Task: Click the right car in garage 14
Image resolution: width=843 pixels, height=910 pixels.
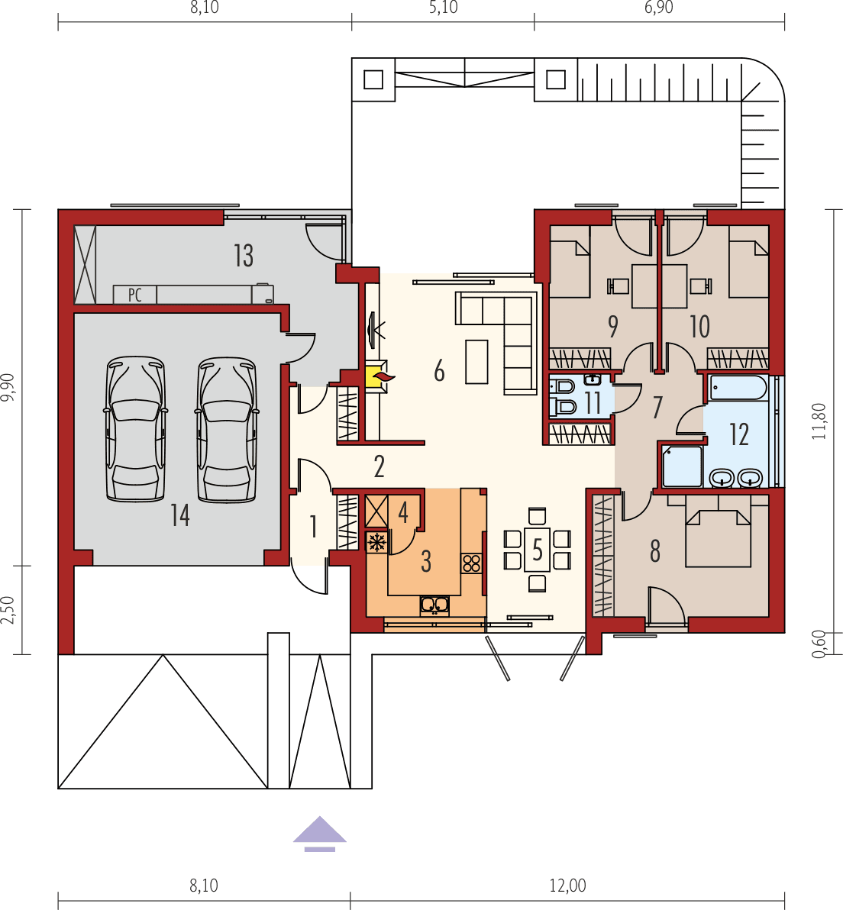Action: tap(227, 430)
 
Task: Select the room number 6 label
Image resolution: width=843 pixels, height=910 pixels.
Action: tap(439, 371)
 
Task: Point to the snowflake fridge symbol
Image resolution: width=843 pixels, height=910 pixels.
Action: tap(376, 543)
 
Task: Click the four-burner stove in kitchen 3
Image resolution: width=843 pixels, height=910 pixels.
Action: tap(471, 563)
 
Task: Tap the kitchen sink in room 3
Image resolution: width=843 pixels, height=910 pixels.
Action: tap(434, 605)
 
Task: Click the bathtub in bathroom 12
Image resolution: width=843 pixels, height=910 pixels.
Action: tap(738, 388)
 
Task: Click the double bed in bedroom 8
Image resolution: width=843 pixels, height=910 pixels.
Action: tap(719, 538)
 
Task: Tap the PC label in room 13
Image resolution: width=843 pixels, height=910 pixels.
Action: tap(135, 295)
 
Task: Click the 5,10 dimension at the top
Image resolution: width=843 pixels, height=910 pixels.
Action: tap(443, 9)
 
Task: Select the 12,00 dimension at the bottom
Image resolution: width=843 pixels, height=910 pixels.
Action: tap(567, 885)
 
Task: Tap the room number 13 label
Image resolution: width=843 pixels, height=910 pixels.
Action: tap(244, 256)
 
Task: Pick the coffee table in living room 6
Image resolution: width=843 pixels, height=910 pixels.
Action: tap(477, 361)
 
